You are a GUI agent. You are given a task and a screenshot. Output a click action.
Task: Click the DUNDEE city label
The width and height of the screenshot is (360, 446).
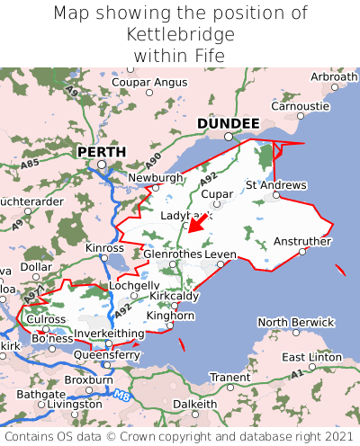coord(228,123)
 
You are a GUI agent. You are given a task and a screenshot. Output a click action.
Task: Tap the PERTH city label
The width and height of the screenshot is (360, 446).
coord(101,152)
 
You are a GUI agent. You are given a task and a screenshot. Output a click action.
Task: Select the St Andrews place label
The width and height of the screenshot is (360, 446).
coord(275,185)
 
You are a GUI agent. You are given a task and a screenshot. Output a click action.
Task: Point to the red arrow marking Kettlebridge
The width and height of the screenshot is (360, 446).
coord(197,221)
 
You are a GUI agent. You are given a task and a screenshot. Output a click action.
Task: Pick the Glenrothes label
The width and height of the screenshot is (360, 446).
coord(172,254)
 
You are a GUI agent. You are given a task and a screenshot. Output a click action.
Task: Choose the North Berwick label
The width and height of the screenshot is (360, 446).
coord(297,322)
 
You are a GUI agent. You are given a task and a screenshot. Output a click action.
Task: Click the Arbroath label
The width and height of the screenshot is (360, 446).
coord(334,77)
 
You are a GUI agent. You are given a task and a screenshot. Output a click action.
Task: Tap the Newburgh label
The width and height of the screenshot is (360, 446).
coord(156,178)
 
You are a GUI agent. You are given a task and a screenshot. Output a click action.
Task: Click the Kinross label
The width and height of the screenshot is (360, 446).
coord(104,247)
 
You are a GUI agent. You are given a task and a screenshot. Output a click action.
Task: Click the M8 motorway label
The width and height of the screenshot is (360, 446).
coord(122,393)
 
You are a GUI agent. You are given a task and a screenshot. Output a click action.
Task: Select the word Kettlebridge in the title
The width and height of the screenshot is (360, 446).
coord(180,35)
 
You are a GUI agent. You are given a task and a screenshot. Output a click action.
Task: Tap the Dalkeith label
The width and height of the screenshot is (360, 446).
coord(195,404)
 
